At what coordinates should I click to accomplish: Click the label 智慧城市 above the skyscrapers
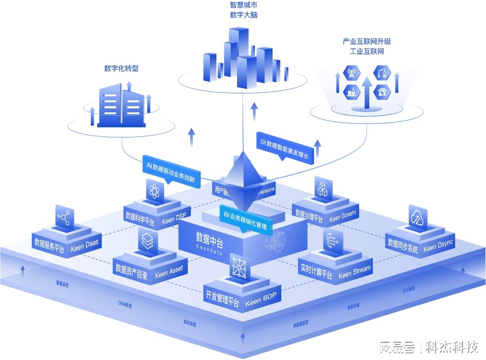[x=244, y=5]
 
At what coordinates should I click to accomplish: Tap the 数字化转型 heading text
[x=121, y=68]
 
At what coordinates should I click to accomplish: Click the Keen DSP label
[x=174, y=219]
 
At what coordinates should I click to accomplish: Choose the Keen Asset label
[x=169, y=272]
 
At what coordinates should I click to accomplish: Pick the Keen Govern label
[x=343, y=216]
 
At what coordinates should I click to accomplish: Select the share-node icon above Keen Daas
[x=65, y=218]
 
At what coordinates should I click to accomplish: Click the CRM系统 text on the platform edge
[x=125, y=304]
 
